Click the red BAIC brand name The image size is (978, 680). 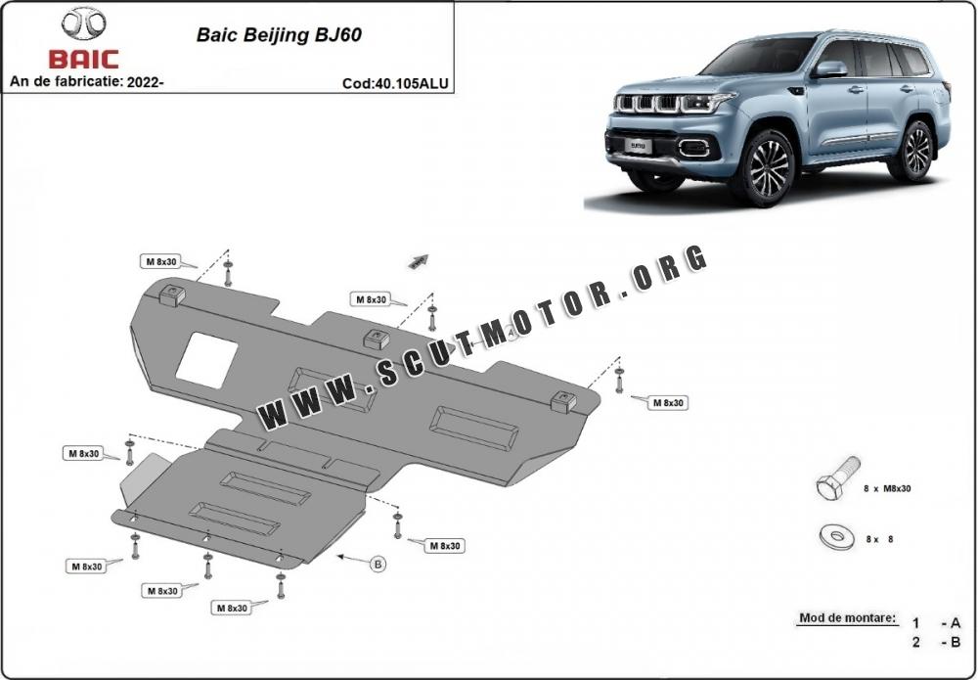pyautogui.click(x=83, y=60)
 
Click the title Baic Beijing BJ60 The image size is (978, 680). pyautogui.click(x=279, y=34)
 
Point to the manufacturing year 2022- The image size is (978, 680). pyautogui.click(x=146, y=81)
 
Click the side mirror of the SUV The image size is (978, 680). pyautogui.click(x=830, y=69)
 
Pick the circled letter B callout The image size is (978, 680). pyautogui.click(x=378, y=564)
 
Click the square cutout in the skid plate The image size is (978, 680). pyautogui.click(x=205, y=361)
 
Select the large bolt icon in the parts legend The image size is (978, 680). pyautogui.click(x=838, y=477)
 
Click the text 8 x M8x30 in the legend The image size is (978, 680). pyautogui.click(x=887, y=488)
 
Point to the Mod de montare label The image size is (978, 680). pyautogui.click(x=848, y=618)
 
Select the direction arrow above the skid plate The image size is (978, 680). pyautogui.click(x=419, y=261)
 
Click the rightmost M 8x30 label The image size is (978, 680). pyautogui.click(x=668, y=403)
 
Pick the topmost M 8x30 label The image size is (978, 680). pyautogui.click(x=161, y=262)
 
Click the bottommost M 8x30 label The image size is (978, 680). pyautogui.click(x=232, y=608)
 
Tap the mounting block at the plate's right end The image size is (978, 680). pyautogui.click(x=563, y=401)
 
